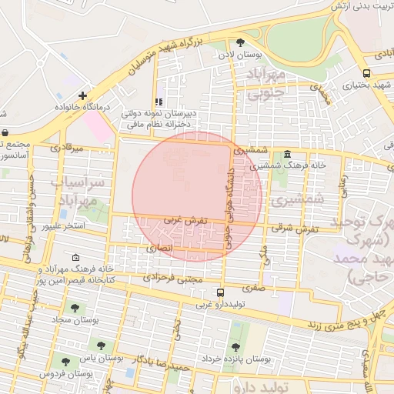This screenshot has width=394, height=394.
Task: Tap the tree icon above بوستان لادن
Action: click(240, 42)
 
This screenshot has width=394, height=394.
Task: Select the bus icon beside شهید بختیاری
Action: click(366, 74)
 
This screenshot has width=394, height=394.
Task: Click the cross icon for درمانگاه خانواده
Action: click(82, 95)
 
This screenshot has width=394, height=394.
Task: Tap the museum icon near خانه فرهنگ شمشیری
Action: click(287, 152)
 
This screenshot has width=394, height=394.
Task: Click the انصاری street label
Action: click(162, 249)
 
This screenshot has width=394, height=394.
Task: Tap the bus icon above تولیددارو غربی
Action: click(221, 292)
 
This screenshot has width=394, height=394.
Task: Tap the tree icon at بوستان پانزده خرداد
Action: click(235, 346)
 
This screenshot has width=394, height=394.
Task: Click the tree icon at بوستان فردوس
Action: click(64, 359)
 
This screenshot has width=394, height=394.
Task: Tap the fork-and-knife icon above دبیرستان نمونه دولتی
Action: click(159, 101)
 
